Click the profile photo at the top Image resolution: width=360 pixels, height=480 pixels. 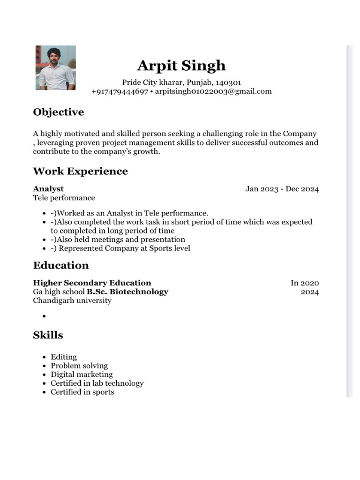[x=55, y=67]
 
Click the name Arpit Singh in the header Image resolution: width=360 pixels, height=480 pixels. [x=181, y=66]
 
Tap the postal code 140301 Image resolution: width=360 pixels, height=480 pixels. [x=228, y=82]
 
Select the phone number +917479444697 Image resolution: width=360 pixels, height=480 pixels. [x=120, y=91]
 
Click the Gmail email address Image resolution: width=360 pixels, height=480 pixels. [x=213, y=91]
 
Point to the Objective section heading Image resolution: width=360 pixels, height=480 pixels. [x=59, y=112]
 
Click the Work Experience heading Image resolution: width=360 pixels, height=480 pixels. [x=80, y=171]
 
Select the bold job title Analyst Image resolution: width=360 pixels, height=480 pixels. [x=48, y=189]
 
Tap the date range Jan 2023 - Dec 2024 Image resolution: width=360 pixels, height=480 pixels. [x=282, y=189]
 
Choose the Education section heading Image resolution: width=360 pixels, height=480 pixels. [x=61, y=265]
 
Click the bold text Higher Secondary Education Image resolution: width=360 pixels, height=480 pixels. [x=92, y=283]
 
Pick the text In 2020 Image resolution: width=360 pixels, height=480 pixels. [x=305, y=283]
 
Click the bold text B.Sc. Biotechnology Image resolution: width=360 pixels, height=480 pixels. [x=127, y=292]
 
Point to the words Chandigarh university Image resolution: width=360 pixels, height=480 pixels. [x=72, y=300]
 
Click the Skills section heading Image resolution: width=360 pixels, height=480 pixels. [x=48, y=335]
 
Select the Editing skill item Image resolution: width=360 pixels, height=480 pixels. [x=64, y=357]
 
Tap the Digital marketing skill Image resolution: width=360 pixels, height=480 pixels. [x=82, y=375]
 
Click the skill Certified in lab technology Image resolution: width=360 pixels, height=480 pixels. [x=97, y=383]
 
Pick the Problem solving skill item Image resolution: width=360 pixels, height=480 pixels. [x=79, y=366]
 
